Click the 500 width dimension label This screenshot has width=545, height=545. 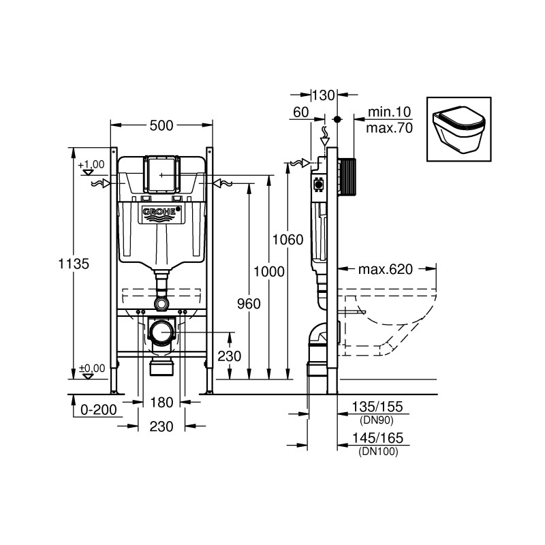tap(161, 125)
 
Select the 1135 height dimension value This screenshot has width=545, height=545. tap(75, 264)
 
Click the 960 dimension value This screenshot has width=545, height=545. tap(248, 304)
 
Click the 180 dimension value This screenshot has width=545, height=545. tap(162, 402)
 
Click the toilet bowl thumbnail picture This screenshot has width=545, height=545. tap(457, 128)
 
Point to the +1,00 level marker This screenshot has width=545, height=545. tap(91, 164)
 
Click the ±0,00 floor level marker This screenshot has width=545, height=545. tap(92, 369)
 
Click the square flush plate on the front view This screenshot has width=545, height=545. tap(161, 174)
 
